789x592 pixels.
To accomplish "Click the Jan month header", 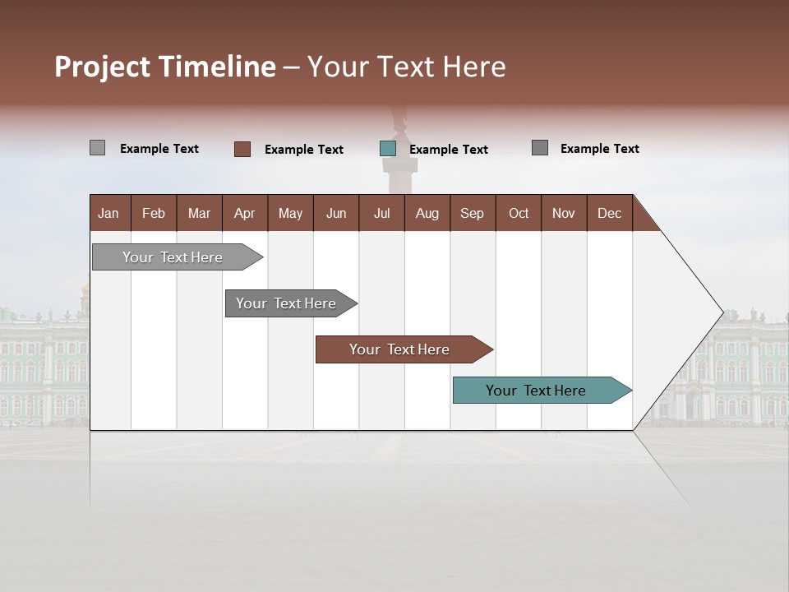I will point(108,213).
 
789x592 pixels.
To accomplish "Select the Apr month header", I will point(244,213).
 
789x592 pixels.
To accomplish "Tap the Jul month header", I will point(381,213).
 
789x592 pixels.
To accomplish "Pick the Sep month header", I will point(472,213).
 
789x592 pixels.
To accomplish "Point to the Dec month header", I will point(609,213).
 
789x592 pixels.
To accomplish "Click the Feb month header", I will point(154,213).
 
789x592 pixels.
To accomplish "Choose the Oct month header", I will point(519,213).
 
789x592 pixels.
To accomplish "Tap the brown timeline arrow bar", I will point(400,349).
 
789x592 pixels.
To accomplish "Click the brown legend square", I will point(242,149).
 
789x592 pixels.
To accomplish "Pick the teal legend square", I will point(388,149).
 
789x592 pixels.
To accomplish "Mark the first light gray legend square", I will point(97,148).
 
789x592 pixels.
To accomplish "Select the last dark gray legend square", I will point(540,148).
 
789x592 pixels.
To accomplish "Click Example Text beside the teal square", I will point(449,150).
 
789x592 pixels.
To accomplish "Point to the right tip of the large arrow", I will point(722,312).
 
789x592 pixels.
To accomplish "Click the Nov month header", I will point(564,213).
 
